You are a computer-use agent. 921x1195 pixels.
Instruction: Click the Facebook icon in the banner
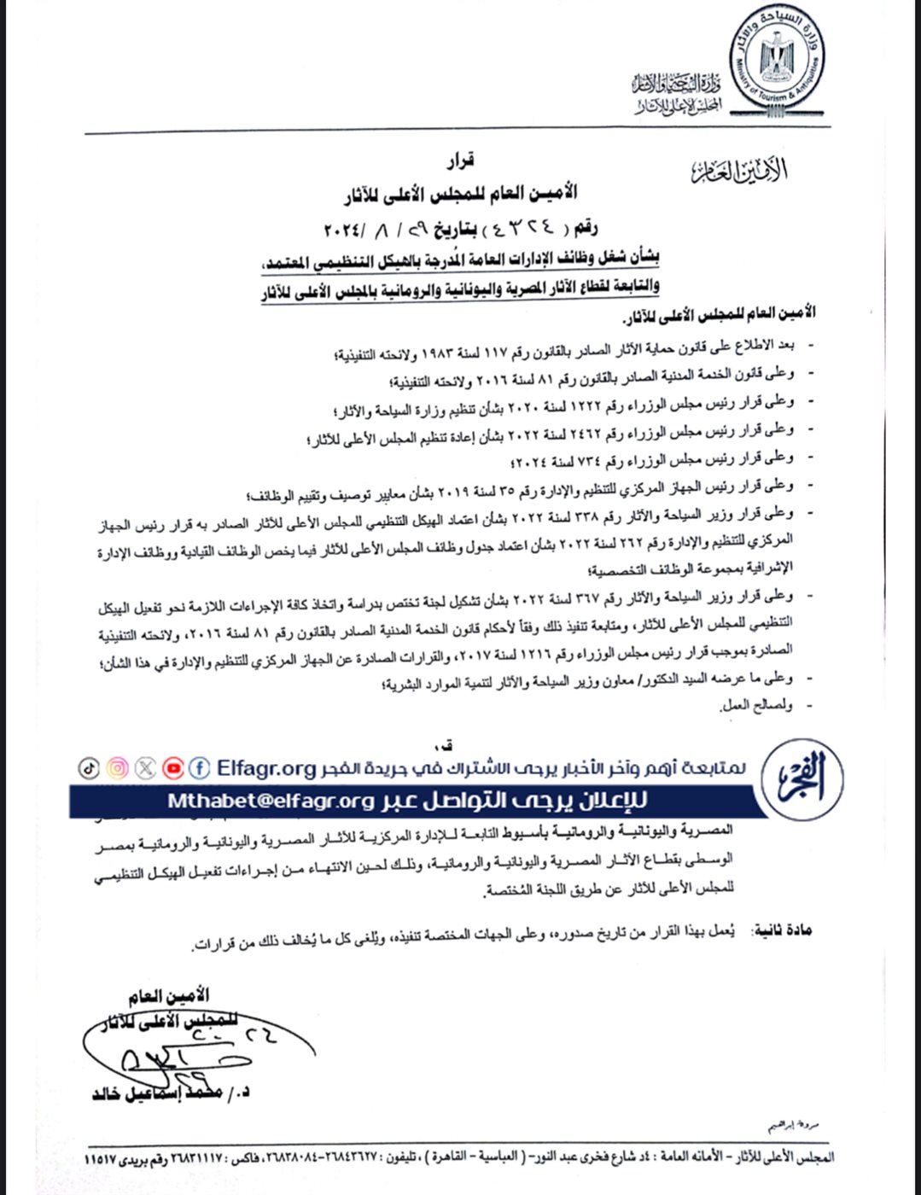click(200, 767)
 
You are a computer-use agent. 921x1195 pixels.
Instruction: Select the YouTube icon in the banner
click(173, 768)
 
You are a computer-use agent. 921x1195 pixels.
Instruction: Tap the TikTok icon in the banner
click(89, 768)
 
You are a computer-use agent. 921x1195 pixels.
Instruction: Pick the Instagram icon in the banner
click(118, 768)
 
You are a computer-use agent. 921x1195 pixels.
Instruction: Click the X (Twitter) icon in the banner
click(146, 768)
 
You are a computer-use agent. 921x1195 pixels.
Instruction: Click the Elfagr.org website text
click(266, 768)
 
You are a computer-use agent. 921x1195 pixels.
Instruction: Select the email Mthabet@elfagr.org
click(271, 801)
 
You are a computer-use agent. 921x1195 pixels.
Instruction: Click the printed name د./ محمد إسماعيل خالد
click(171, 1093)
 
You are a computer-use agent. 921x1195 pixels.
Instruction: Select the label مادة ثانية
click(782, 930)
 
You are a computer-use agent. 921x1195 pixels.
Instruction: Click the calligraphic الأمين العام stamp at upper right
click(739, 171)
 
